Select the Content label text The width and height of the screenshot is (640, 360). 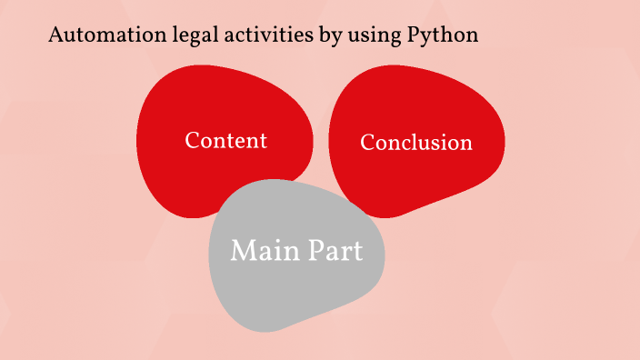pos(225,141)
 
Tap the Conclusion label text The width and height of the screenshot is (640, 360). pos(416,143)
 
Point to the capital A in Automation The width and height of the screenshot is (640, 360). pos(55,36)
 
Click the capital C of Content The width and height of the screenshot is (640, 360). pos(192,141)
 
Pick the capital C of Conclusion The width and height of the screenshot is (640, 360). pos(367,143)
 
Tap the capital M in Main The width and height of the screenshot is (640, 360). pos(242,250)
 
